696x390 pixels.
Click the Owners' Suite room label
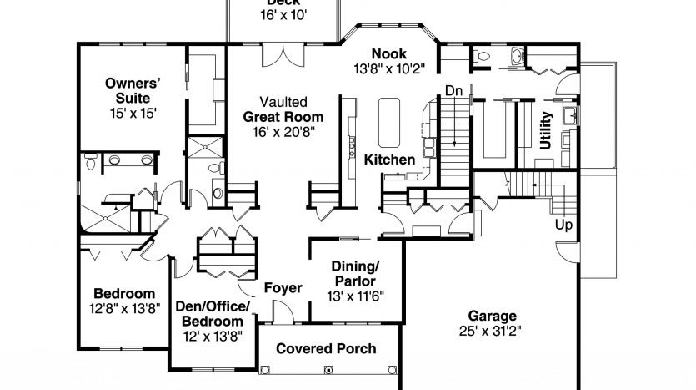point(133,90)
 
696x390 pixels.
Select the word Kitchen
point(389,160)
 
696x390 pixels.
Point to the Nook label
point(388,53)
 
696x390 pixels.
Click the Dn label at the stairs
point(453,91)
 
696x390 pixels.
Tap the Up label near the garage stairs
point(563,225)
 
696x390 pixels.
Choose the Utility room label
point(545,130)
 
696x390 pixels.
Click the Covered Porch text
point(326,348)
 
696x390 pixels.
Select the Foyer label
point(283,288)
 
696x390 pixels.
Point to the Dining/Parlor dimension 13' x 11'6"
point(355,296)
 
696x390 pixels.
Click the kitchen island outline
point(389,123)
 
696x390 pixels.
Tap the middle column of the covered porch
point(328,370)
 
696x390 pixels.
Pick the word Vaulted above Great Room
point(283,102)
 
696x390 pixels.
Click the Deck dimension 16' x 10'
point(283,15)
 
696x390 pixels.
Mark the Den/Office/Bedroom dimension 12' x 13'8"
point(213,337)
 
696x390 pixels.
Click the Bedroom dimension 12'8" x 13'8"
point(125,309)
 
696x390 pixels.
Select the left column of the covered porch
point(265,370)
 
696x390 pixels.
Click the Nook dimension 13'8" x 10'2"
point(389,69)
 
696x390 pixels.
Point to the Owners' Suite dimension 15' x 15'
point(133,113)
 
